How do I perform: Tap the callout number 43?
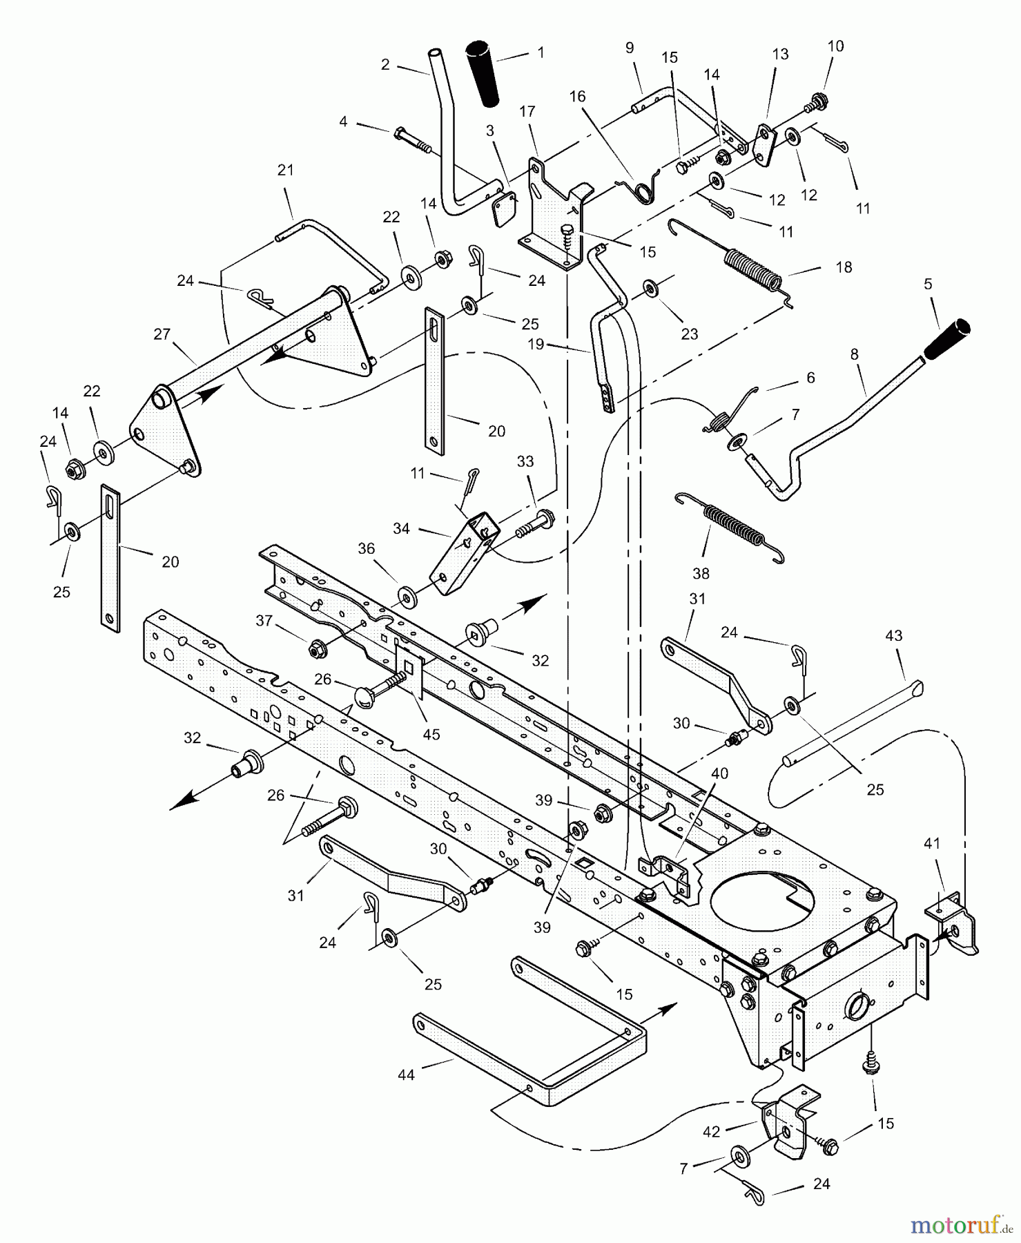tap(893, 635)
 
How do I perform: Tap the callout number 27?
tap(162, 335)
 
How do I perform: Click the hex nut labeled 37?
tap(318, 648)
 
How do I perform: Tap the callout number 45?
tap(431, 734)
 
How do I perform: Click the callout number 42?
tap(710, 1132)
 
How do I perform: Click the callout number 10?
tap(835, 46)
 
